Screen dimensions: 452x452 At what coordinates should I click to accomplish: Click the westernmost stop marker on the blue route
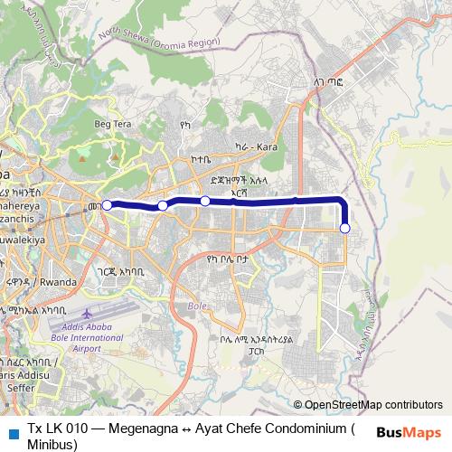[108, 205]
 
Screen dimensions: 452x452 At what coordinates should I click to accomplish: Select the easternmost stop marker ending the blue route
[344, 229]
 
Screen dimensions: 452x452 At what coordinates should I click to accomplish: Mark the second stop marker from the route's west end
[163, 206]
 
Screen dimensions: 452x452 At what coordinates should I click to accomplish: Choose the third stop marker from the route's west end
[205, 200]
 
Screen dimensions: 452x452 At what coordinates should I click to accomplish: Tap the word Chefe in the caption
[246, 428]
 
